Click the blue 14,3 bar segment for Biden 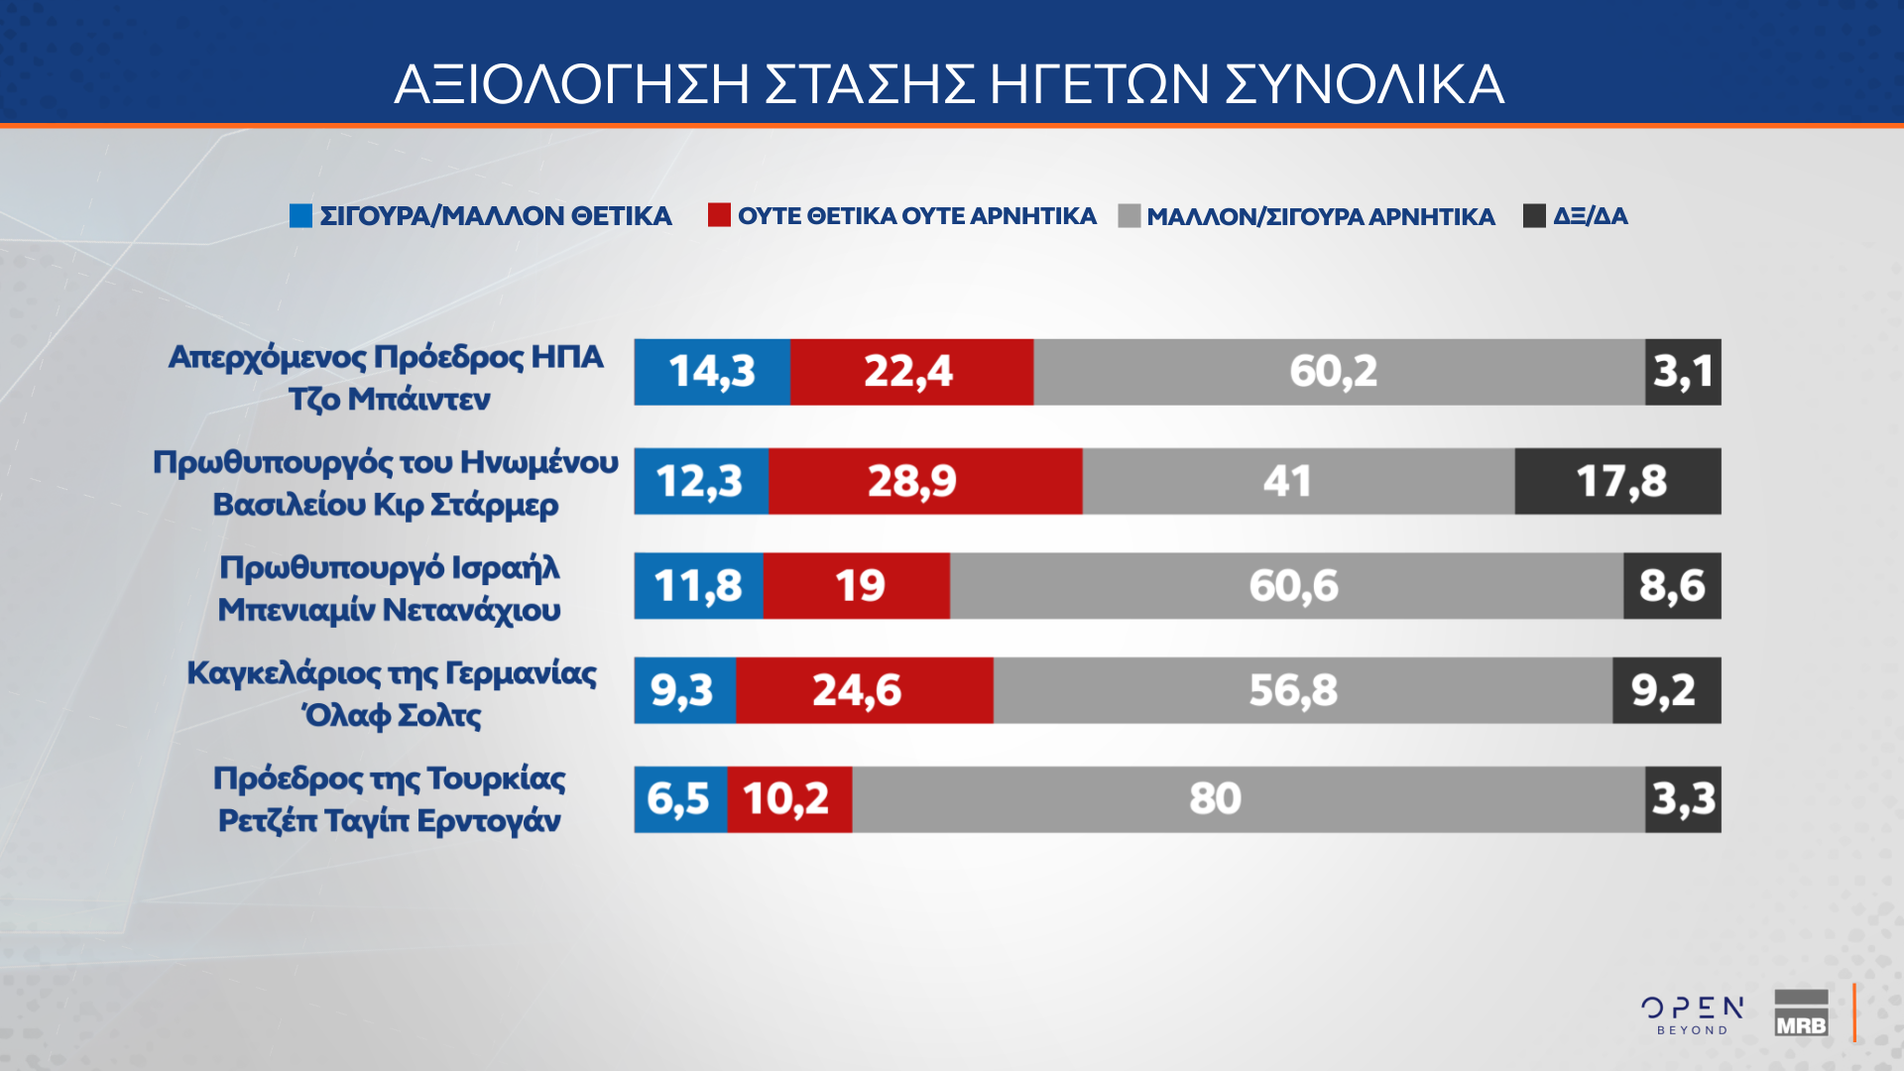point(712,372)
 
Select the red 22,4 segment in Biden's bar point(911,372)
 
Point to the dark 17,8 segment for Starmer point(1617,481)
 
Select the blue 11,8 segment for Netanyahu point(698,586)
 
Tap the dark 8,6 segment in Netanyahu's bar point(1672,586)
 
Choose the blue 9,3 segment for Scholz point(684,690)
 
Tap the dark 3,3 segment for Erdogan point(1683,799)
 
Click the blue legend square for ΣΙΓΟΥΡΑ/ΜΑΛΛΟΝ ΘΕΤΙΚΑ point(300,215)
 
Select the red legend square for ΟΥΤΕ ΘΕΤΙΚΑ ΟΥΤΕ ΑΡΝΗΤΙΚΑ point(719,215)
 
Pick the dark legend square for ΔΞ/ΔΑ point(1534,215)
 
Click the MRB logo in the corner point(1801,1013)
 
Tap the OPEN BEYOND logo point(1692,1014)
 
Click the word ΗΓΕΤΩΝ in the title point(1099,84)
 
